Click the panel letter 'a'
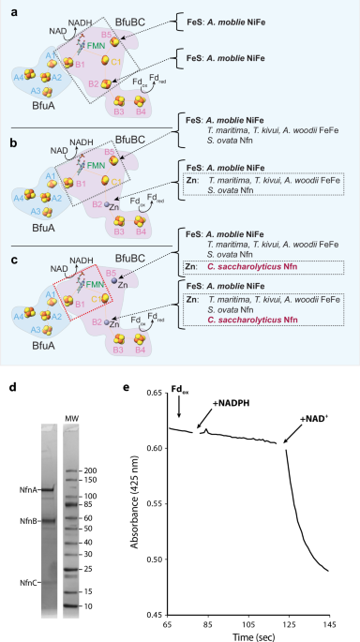(7, 7)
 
